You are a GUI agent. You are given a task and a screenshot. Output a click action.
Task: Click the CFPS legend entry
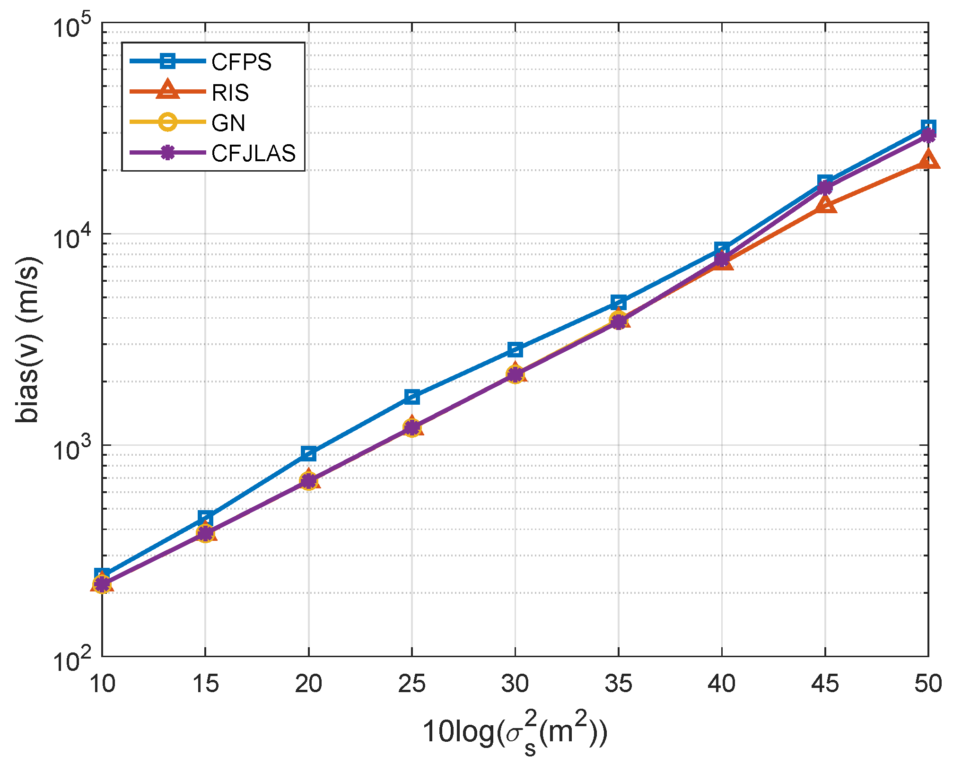click(x=241, y=62)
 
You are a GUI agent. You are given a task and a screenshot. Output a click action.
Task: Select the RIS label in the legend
click(x=230, y=92)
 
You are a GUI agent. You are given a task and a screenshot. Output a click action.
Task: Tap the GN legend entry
click(x=228, y=123)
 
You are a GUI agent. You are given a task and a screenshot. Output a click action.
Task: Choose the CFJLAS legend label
click(x=254, y=153)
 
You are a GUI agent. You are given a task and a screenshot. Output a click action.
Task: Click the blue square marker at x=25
click(x=412, y=397)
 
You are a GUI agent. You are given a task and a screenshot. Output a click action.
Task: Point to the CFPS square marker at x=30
click(x=515, y=349)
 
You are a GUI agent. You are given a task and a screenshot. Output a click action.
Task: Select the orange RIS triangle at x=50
click(x=928, y=160)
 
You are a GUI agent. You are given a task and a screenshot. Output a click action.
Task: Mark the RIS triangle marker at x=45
click(x=825, y=205)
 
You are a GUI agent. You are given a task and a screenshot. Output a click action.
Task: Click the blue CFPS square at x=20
click(x=308, y=454)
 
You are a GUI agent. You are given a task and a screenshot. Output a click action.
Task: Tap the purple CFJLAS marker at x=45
click(x=825, y=188)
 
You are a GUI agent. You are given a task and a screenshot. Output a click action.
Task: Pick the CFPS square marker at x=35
click(x=619, y=302)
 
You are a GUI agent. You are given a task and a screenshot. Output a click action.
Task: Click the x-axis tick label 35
click(x=619, y=684)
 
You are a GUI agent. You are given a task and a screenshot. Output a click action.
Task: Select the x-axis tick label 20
click(x=308, y=684)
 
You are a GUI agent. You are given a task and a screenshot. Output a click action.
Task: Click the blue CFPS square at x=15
click(x=205, y=518)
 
